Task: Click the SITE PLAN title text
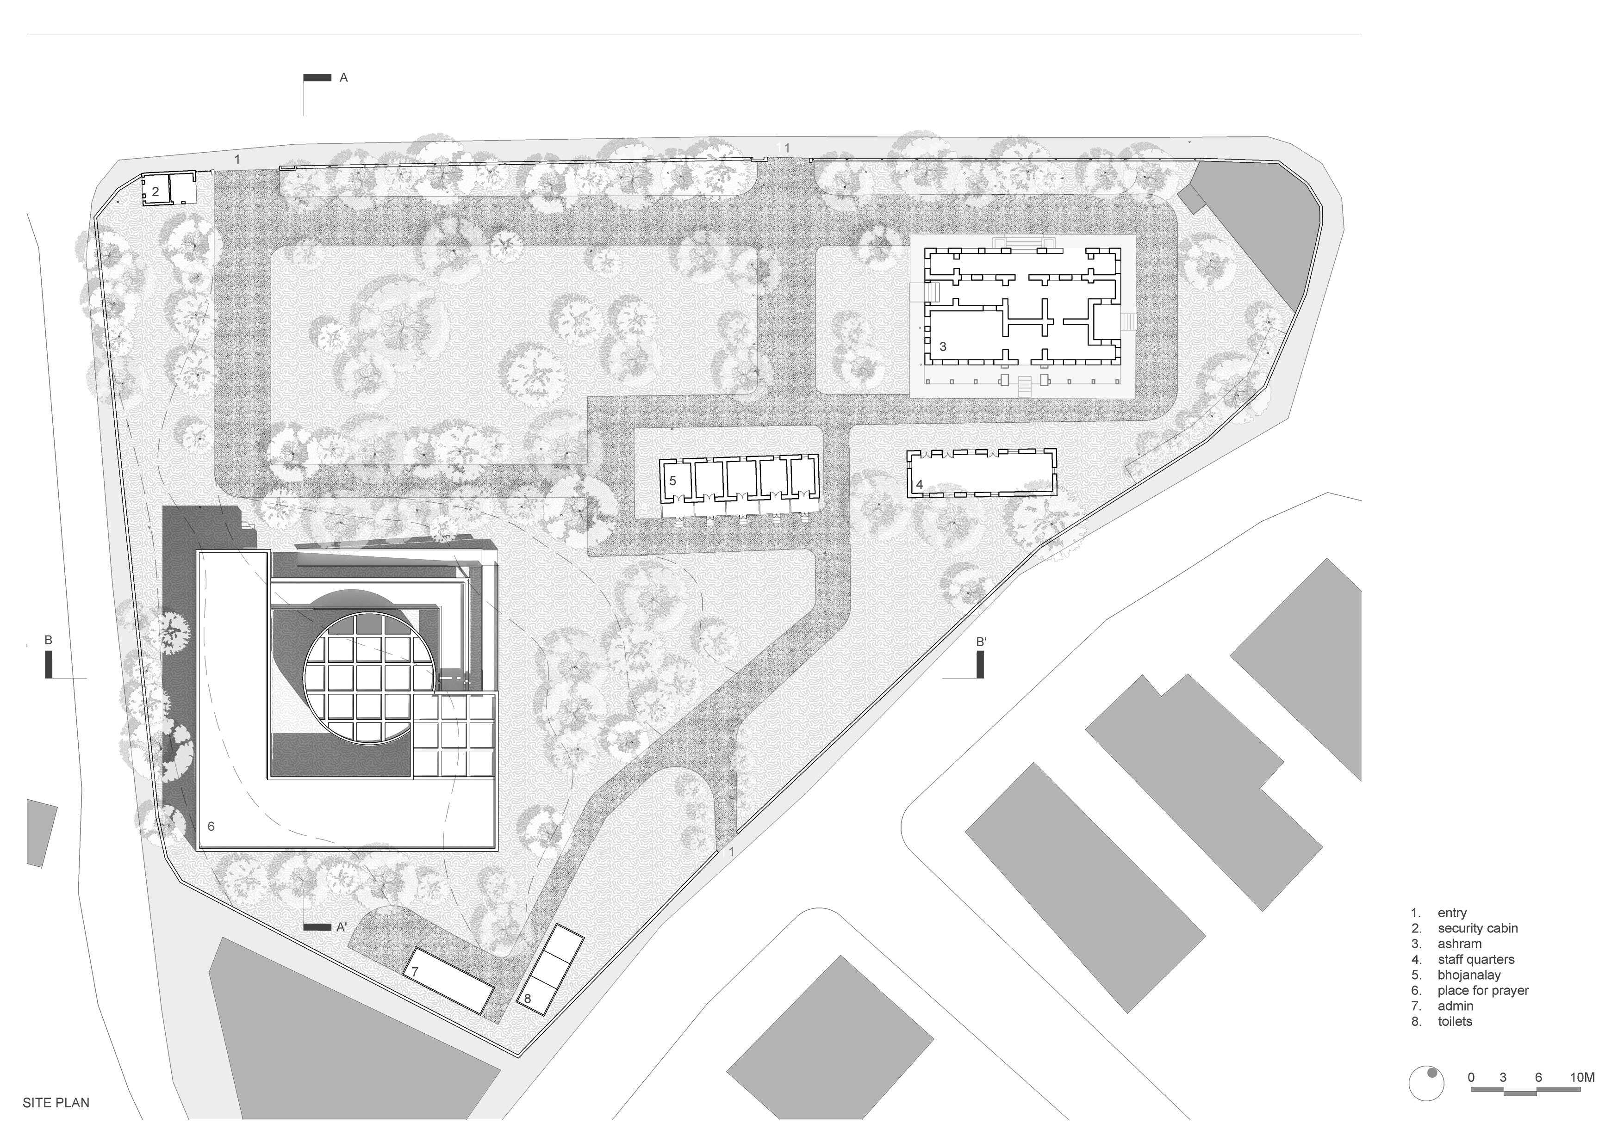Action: (x=56, y=1102)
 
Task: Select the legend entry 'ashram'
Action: (x=1459, y=944)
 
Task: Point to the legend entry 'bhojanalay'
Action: (x=1469, y=975)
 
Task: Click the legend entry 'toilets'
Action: (x=1455, y=1021)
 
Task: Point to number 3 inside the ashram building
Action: (x=943, y=346)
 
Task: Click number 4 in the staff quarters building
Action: (x=920, y=484)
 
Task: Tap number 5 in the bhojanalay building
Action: (x=672, y=481)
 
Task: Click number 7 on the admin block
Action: (x=415, y=972)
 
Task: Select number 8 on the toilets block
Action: (x=527, y=999)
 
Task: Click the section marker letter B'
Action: (x=981, y=642)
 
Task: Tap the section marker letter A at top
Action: (x=344, y=78)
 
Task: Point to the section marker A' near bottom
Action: (x=342, y=927)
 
